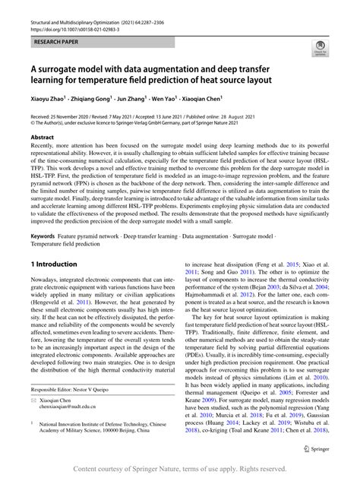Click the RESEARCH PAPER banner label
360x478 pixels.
click(55, 35)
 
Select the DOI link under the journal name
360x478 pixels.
click(72, 14)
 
